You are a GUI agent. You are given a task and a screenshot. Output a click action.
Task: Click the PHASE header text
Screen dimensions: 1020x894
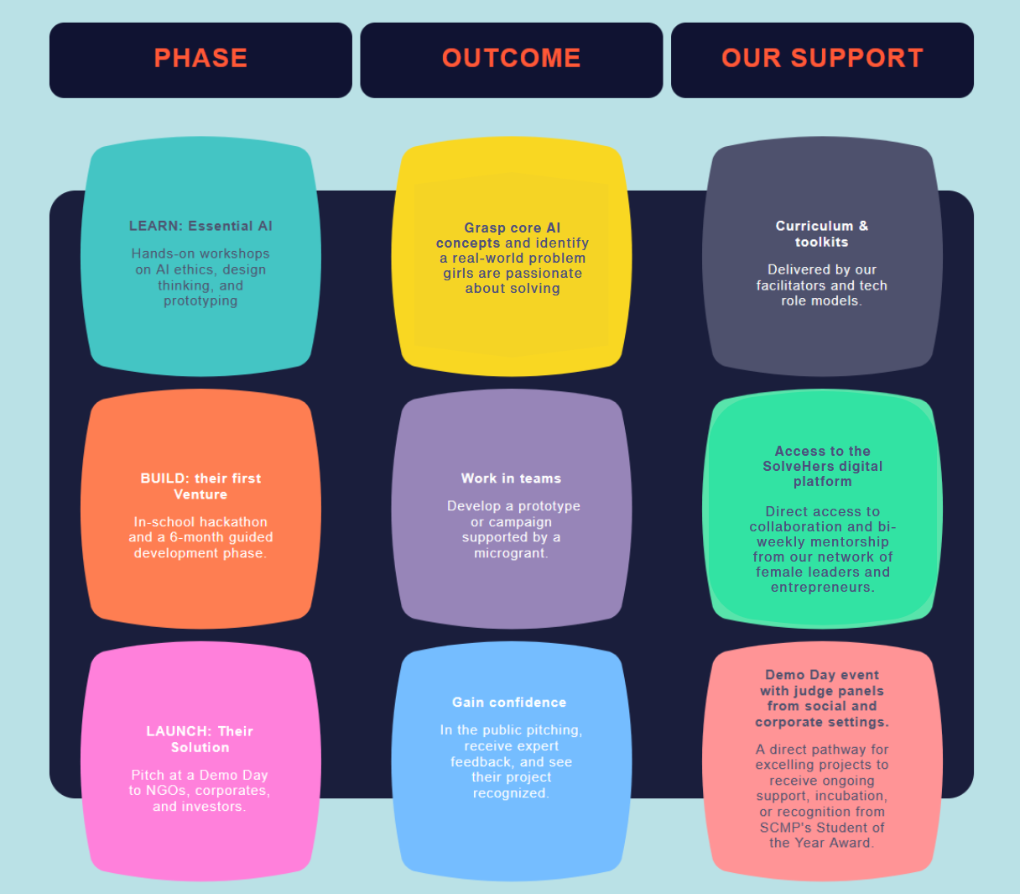pyautogui.click(x=200, y=58)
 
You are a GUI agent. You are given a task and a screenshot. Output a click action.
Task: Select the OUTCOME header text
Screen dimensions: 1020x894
pyautogui.click(x=511, y=58)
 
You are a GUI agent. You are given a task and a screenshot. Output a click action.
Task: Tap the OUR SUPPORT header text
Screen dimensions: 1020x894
pyautogui.click(x=822, y=58)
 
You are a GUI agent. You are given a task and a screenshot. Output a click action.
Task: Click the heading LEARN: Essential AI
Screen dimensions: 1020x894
pyautogui.click(x=200, y=226)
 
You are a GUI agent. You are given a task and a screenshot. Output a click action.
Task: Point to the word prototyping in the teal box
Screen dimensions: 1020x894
pyautogui.click(x=200, y=301)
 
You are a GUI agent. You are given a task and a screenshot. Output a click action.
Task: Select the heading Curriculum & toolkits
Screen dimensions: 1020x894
pyautogui.click(x=822, y=233)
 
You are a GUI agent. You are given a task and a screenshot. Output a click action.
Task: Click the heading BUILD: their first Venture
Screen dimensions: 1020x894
pyautogui.click(x=200, y=486)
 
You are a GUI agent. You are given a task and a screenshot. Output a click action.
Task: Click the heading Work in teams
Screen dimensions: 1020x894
pyautogui.click(x=511, y=478)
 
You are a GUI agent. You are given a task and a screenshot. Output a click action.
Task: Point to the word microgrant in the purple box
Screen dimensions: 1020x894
pyautogui.click(x=509, y=553)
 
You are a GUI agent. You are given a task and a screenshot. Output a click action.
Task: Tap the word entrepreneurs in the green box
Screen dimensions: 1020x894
pyautogui.click(x=821, y=587)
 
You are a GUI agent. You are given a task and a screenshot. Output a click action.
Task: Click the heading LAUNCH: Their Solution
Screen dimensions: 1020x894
pyautogui.click(x=200, y=739)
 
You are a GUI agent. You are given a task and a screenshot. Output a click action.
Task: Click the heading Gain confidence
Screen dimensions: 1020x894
pyautogui.click(x=509, y=703)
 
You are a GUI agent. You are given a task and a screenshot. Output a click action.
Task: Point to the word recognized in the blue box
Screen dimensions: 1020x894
pyautogui.click(x=510, y=793)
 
